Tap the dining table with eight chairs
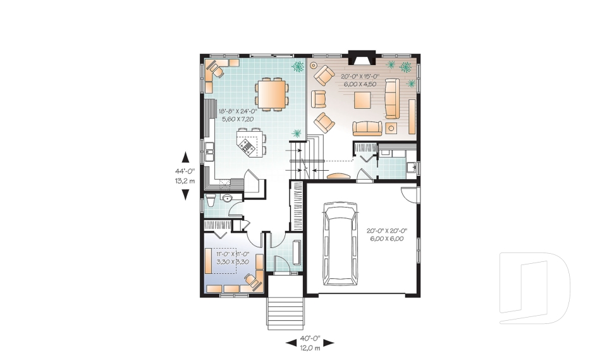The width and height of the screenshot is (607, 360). pos(272,94)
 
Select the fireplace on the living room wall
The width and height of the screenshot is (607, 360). pos(362,59)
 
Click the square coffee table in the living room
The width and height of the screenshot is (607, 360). pos(364,101)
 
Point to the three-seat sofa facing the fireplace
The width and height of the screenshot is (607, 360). pos(367,128)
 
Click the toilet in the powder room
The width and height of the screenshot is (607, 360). pos(211,202)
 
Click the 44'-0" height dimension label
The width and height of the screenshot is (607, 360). pos(185,171)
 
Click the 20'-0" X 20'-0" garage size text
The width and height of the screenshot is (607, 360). pos(385,235)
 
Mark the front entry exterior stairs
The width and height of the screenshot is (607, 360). pos(284,310)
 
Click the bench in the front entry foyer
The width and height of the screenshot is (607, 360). pos(297,252)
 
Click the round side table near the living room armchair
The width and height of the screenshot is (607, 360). pos(314,65)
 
